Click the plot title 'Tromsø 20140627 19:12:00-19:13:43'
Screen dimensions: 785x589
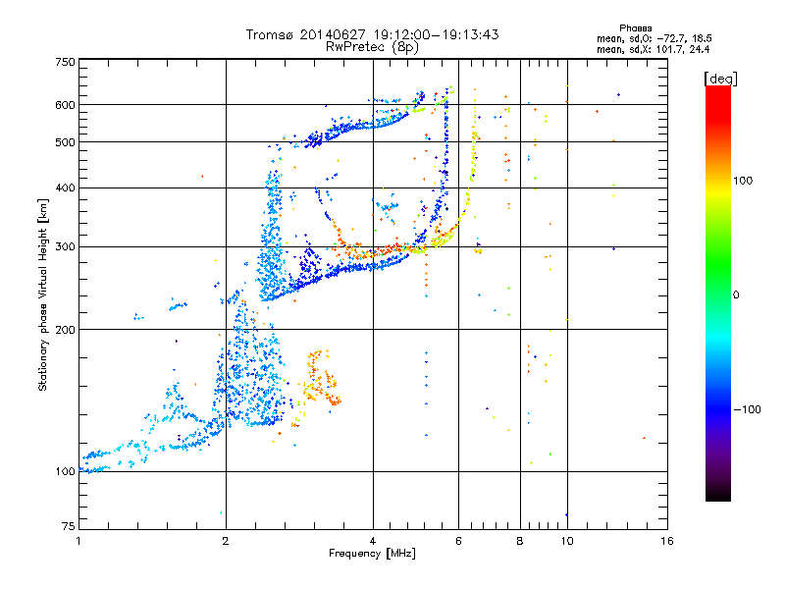click(372, 34)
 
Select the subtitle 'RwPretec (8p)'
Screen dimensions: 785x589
click(372, 47)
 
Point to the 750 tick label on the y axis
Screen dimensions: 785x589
click(65, 62)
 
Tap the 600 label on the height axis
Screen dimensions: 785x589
click(65, 105)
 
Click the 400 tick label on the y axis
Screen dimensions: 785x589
click(65, 188)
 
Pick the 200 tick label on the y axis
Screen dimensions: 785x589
click(65, 330)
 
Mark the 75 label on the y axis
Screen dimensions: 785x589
click(69, 526)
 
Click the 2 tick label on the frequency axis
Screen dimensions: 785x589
click(226, 541)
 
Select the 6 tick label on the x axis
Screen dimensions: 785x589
click(458, 541)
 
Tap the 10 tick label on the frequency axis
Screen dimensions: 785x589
click(567, 541)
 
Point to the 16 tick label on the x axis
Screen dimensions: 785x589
click(667, 541)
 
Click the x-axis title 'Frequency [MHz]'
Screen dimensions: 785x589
click(372, 554)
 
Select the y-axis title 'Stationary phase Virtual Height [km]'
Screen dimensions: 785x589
click(43, 294)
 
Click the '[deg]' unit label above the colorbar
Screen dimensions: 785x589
click(720, 79)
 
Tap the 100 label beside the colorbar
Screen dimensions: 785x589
click(743, 181)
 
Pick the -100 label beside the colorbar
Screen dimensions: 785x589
click(747, 409)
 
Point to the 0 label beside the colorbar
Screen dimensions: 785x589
click(736, 295)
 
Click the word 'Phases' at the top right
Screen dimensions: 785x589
click(635, 28)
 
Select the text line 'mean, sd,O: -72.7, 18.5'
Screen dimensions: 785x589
click(654, 38)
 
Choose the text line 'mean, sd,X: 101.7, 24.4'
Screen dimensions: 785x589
click(653, 49)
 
